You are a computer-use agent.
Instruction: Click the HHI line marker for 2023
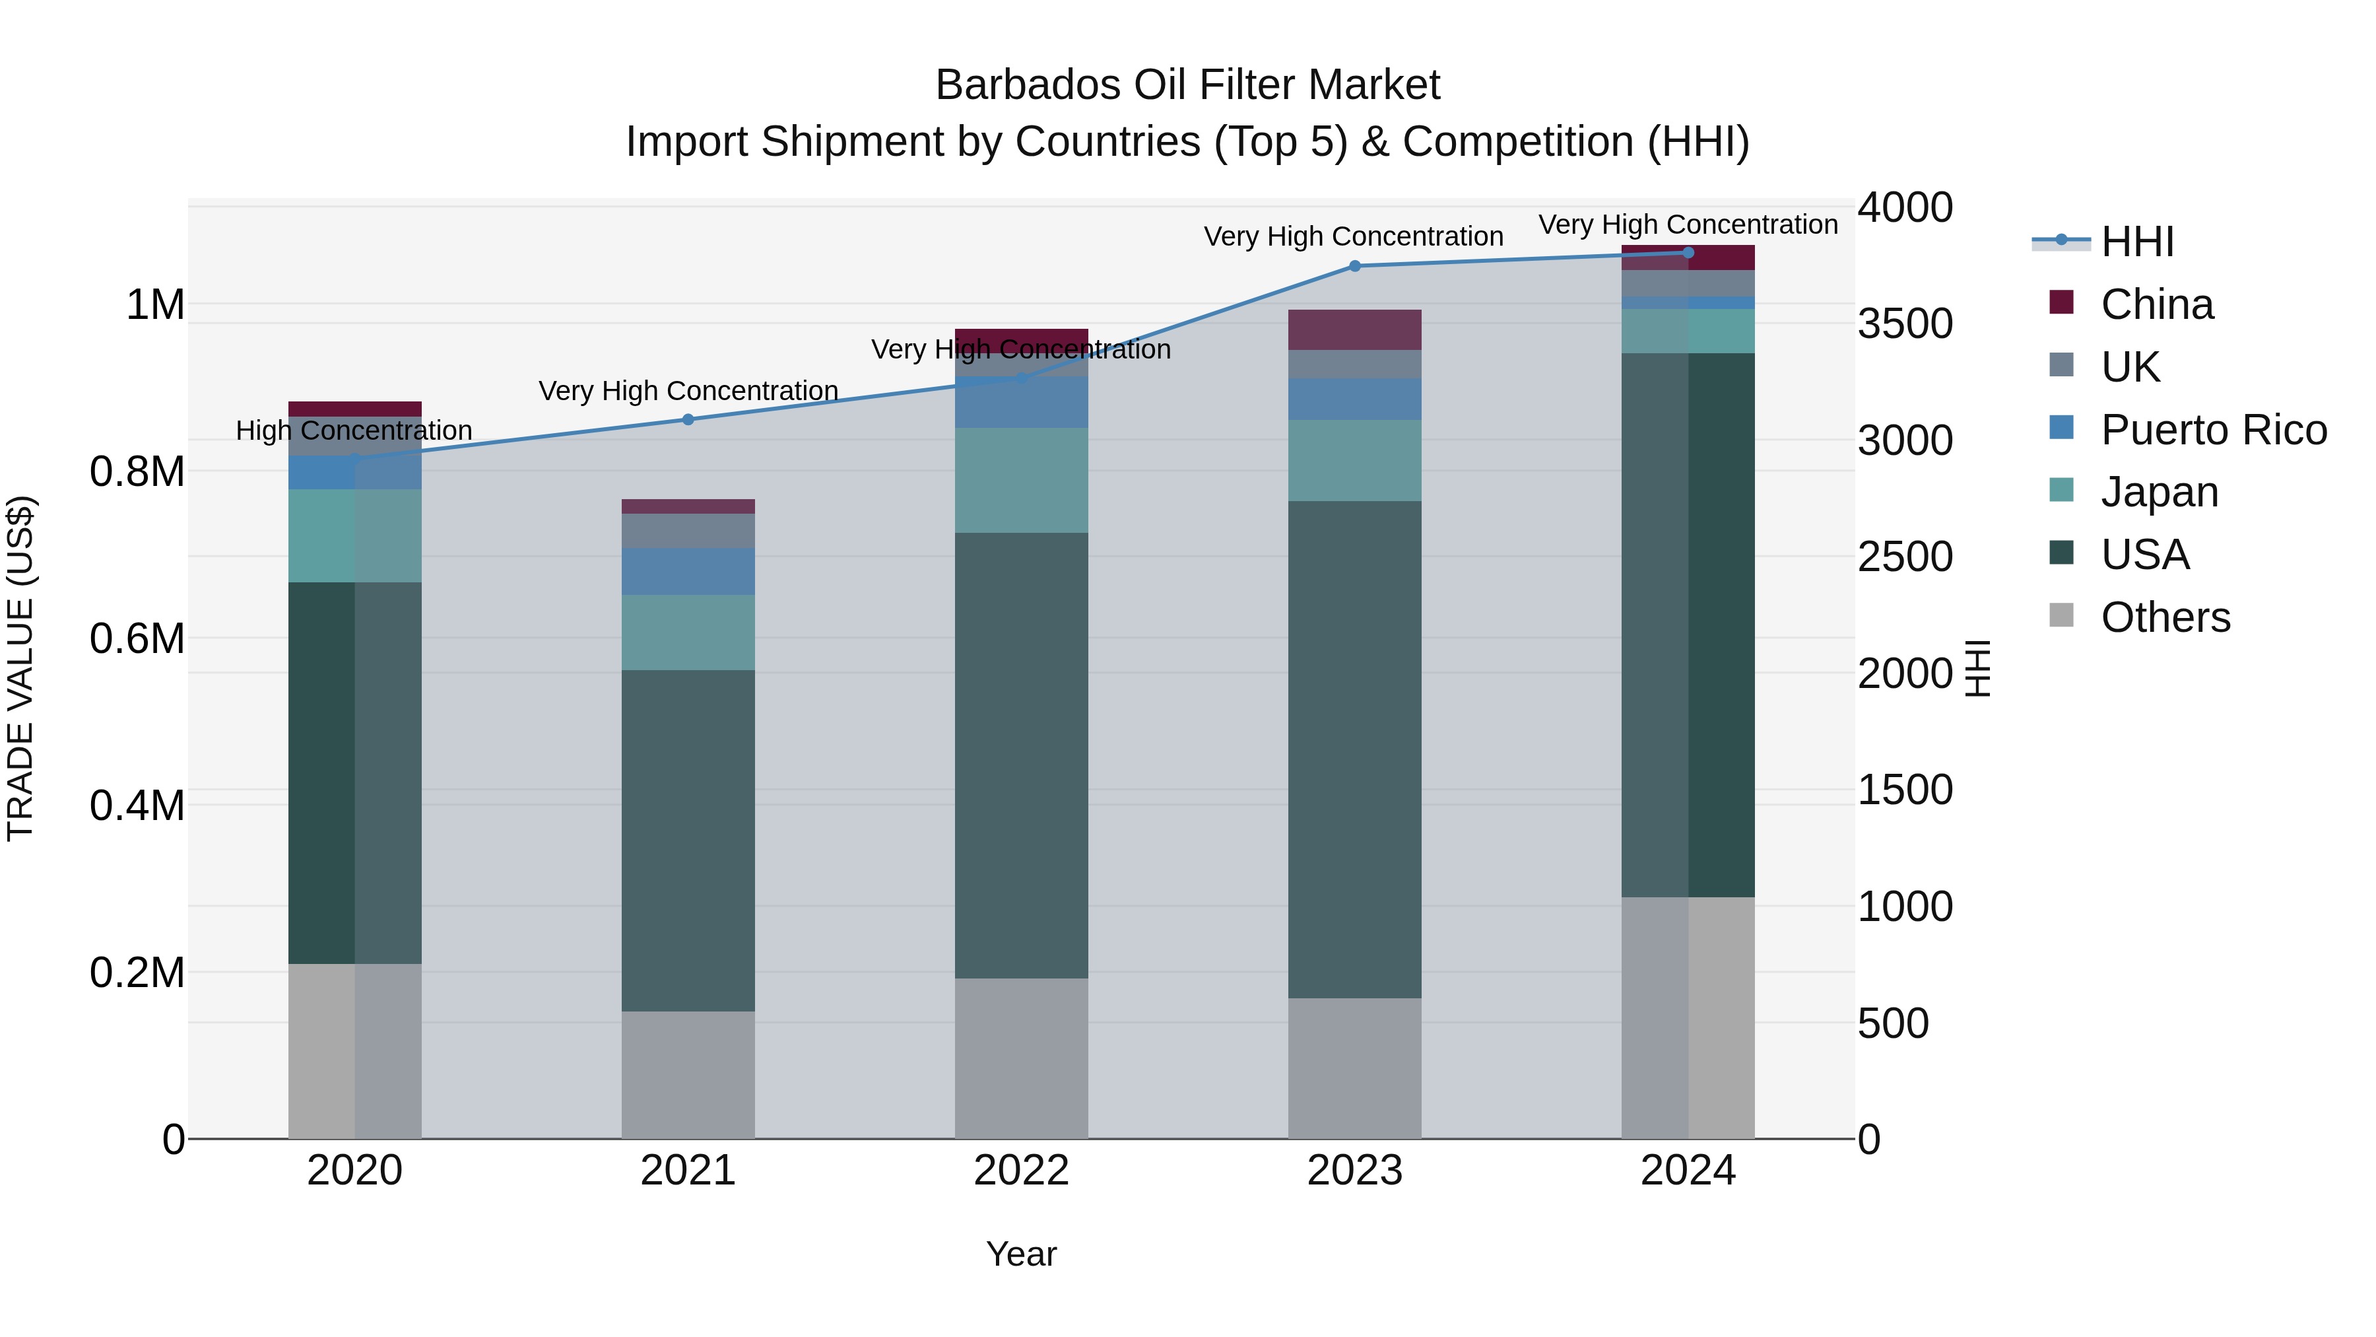[x=1354, y=265]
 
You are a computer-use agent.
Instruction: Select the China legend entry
[x=2156, y=304]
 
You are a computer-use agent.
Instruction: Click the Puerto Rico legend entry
[x=2213, y=430]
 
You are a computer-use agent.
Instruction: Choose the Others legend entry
[x=2165, y=617]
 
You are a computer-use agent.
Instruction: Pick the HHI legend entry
[x=2137, y=242]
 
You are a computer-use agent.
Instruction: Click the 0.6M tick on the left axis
[x=137, y=638]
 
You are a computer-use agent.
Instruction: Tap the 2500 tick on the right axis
[x=1905, y=557]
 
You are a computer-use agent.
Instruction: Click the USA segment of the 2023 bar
[x=1354, y=749]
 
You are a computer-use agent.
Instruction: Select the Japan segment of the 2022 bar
[x=1021, y=480]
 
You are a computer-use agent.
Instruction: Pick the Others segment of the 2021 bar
[x=688, y=1075]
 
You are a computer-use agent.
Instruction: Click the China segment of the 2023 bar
[x=1354, y=329]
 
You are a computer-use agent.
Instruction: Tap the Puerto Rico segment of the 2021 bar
[x=688, y=571]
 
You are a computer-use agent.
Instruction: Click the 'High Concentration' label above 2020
[x=354, y=431]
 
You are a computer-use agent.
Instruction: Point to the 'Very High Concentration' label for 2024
[x=1688, y=224]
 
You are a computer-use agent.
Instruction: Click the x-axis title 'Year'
[x=1021, y=1254]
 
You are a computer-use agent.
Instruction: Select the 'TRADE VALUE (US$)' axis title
[x=20, y=668]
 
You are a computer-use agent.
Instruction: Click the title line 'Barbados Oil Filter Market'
[x=1187, y=85]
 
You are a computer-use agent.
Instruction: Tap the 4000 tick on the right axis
[x=1905, y=207]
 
